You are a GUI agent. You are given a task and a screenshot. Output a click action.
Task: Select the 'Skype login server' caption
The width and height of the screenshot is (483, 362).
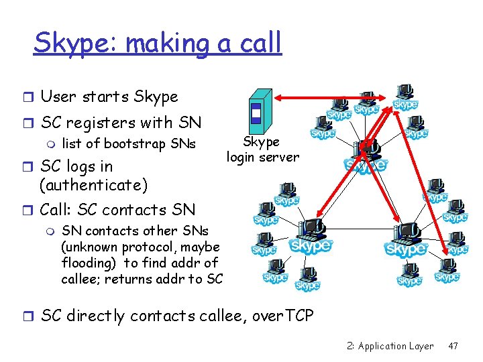click(x=262, y=149)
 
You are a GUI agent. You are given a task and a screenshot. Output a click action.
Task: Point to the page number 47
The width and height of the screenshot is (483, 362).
click(x=453, y=347)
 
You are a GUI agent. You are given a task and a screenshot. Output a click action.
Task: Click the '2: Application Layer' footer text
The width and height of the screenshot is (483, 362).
click(x=390, y=347)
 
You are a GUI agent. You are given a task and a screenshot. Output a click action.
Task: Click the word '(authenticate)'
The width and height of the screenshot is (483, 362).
click(x=93, y=184)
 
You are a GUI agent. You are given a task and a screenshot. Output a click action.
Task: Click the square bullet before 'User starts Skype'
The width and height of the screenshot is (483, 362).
click(x=28, y=97)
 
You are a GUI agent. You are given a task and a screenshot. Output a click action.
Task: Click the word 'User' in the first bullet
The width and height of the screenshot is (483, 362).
click(x=58, y=97)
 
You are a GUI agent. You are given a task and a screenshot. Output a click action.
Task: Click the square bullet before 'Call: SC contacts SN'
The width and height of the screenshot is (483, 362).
click(x=28, y=210)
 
